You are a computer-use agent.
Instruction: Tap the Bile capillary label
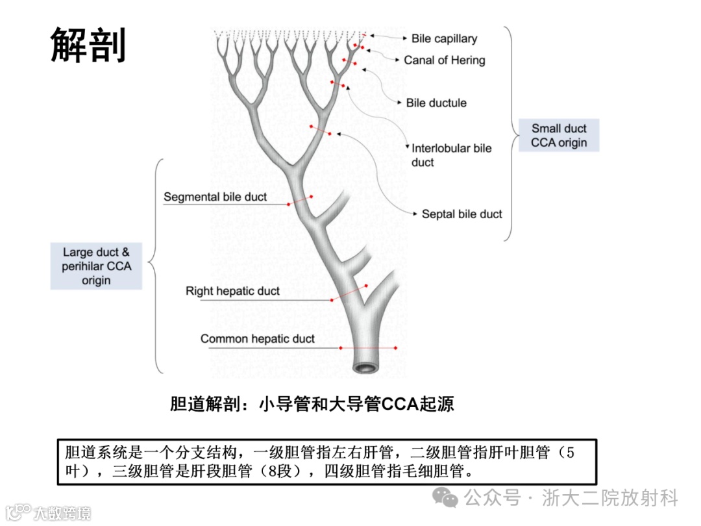444,38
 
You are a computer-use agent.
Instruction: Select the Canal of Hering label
444,60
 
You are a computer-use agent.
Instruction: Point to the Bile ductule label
436,103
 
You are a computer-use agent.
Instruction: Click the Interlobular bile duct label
451,155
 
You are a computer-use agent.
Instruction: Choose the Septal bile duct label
461,214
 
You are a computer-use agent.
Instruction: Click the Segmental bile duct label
215,197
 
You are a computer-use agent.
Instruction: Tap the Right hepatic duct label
232,291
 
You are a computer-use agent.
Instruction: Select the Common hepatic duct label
257,338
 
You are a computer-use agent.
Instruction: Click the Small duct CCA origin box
558,136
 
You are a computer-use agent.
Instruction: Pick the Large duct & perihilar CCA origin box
96,266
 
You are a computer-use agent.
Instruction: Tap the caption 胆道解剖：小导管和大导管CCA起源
312,404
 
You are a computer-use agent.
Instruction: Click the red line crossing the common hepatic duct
368,348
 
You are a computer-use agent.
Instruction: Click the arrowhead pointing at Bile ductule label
399,102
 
